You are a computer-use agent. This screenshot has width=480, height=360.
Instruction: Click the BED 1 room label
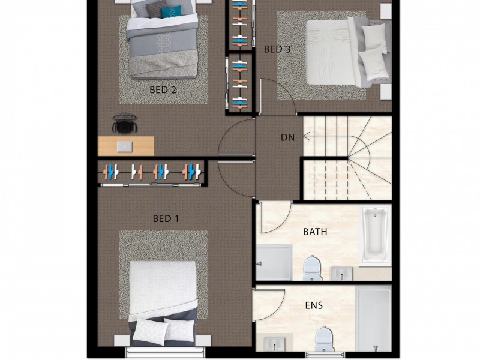pyautogui.click(x=166, y=218)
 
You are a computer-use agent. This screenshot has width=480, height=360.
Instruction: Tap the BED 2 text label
pyautogui.click(x=163, y=89)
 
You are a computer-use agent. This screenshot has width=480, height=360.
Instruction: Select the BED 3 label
pyautogui.click(x=277, y=49)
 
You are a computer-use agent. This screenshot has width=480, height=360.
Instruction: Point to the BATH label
pyautogui.click(x=315, y=232)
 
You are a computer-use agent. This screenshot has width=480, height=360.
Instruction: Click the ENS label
pyautogui.click(x=314, y=305)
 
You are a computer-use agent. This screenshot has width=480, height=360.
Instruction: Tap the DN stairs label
pyautogui.click(x=287, y=137)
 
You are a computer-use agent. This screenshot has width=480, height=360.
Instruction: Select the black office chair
pyautogui.click(x=125, y=122)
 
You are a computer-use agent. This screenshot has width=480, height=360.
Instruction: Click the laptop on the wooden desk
pyautogui.click(x=125, y=146)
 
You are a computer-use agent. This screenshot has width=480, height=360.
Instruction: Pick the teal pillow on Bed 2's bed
pyautogui.click(x=171, y=12)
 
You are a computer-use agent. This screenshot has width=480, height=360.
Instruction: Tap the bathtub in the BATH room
pyautogui.click(x=375, y=235)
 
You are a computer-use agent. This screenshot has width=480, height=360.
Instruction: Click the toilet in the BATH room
pyautogui.click(x=312, y=268)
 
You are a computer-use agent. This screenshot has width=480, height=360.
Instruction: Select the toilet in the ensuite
pyautogui.click(x=324, y=338)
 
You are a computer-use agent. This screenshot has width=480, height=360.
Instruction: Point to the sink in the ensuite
pyautogui.click(x=274, y=344)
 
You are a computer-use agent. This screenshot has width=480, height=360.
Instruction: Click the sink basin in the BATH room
pyautogui.click(x=342, y=274)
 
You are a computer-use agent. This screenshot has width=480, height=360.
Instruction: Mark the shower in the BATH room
pyautogui.click(x=274, y=262)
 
